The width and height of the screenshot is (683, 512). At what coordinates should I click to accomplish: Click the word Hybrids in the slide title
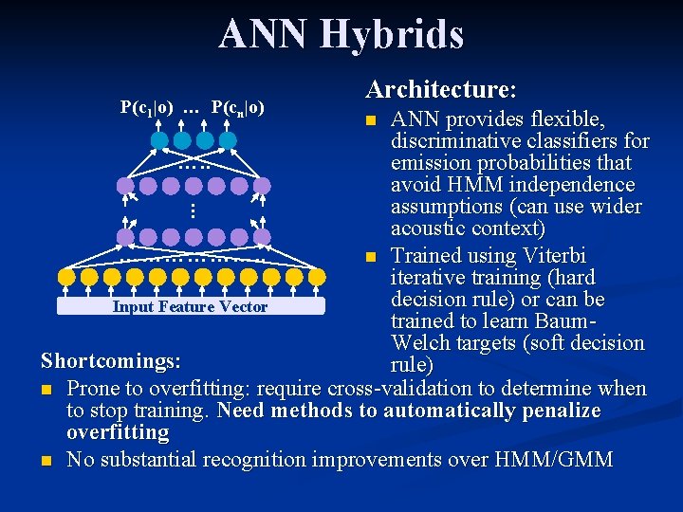(x=392, y=33)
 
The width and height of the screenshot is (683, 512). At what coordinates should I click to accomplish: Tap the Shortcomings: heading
(x=111, y=361)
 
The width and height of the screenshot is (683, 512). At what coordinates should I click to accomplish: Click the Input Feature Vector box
(x=190, y=306)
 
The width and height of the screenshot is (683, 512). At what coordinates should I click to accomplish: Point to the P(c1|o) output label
(x=146, y=106)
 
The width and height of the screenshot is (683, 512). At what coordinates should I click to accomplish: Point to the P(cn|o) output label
(x=237, y=106)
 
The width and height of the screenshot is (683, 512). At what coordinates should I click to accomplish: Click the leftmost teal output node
(x=159, y=140)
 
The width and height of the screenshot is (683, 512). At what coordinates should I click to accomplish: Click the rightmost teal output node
(x=228, y=140)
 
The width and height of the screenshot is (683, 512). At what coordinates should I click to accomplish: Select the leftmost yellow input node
(x=66, y=277)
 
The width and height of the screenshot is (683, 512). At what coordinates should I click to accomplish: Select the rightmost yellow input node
(x=317, y=277)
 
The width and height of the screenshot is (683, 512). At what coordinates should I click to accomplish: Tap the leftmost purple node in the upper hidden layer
(x=125, y=186)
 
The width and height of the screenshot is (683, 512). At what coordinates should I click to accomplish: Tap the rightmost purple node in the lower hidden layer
(x=262, y=235)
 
